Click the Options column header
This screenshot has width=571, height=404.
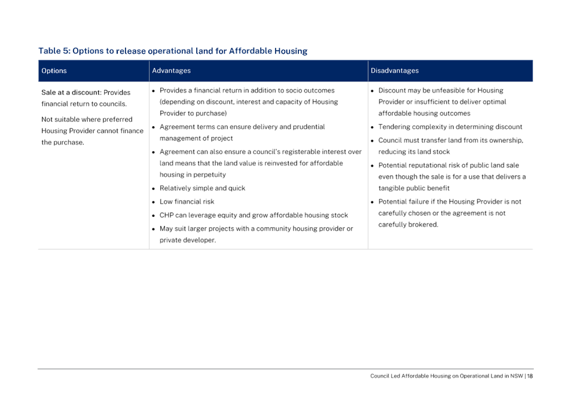[x=54, y=71]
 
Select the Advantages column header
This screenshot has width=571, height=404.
[x=171, y=71]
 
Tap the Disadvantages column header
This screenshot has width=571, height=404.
[x=395, y=71]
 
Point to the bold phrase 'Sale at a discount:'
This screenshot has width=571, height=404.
[x=71, y=93]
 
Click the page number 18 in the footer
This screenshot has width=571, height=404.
[x=530, y=376]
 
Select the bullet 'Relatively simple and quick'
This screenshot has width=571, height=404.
[x=202, y=188]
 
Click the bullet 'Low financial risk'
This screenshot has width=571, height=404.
[x=187, y=201]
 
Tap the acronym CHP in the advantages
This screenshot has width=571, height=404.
[x=166, y=215]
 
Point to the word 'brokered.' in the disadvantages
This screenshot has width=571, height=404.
[x=423, y=225]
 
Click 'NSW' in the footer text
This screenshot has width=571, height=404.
[x=517, y=376]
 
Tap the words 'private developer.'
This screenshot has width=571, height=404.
[x=188, y=240]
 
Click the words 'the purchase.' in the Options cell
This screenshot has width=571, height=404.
[x=63, y=142]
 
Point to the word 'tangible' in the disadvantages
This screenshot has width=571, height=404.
[x=391, y=188]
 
